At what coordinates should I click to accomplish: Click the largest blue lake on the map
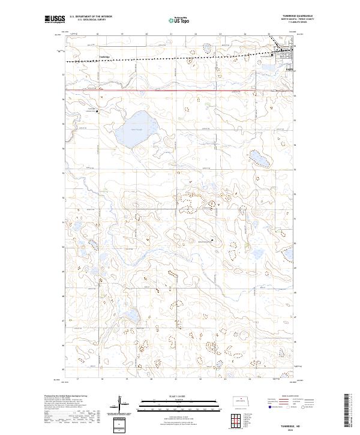pos(136,128)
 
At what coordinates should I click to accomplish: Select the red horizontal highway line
pos(180,91)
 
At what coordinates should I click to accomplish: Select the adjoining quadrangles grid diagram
pos(239,418)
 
